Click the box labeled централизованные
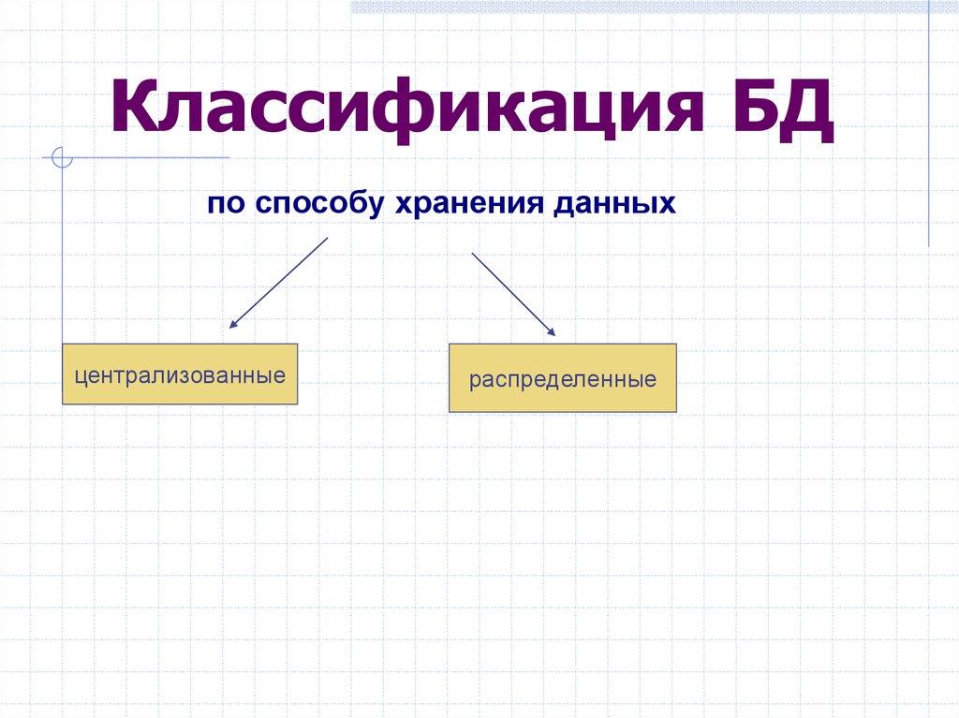180,374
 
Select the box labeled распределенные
562,378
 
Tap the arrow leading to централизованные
279,283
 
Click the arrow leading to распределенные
512,293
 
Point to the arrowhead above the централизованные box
233,324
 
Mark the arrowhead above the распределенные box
552,331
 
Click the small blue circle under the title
63,157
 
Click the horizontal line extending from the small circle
150,157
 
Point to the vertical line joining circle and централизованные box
63,253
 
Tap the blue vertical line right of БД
929,122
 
